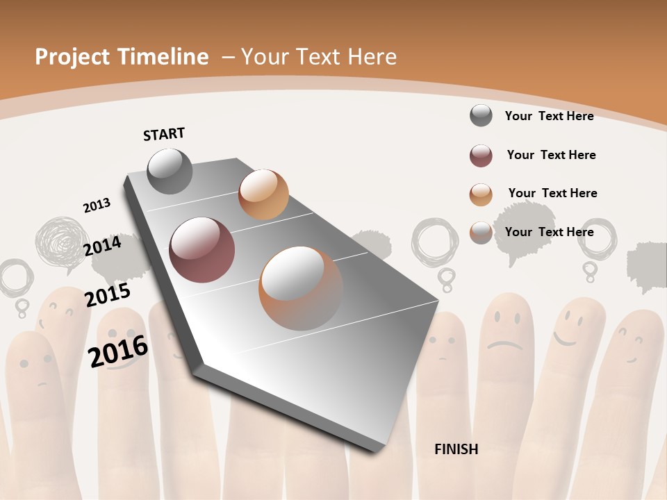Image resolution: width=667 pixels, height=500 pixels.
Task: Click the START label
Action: [164, 134]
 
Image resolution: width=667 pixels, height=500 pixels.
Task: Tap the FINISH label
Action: [456, 449]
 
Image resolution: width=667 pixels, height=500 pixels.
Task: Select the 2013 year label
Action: [97, 205]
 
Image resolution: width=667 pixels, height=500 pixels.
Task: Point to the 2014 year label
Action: [102, 246]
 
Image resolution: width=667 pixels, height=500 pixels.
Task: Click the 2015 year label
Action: [108, 294]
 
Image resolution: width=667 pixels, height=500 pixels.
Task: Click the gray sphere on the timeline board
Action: [170, 171]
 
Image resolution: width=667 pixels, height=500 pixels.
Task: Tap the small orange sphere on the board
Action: [263, 194]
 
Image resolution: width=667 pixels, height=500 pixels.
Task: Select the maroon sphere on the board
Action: [202, 250]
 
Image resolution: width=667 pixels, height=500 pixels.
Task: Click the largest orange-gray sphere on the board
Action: [301, 287]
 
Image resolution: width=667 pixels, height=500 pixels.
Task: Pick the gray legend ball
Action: [481, 115]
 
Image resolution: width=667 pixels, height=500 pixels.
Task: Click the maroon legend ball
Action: [481, 156]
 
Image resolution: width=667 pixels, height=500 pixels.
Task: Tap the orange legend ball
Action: [481, 194]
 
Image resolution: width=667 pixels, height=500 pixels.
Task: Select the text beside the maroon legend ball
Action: [551, 155]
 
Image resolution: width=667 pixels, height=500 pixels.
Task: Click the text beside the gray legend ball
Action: [549, 116]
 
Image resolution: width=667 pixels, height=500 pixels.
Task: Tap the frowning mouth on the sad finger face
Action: [504, 344]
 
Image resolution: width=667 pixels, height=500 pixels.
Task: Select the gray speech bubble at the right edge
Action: [647, 259]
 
